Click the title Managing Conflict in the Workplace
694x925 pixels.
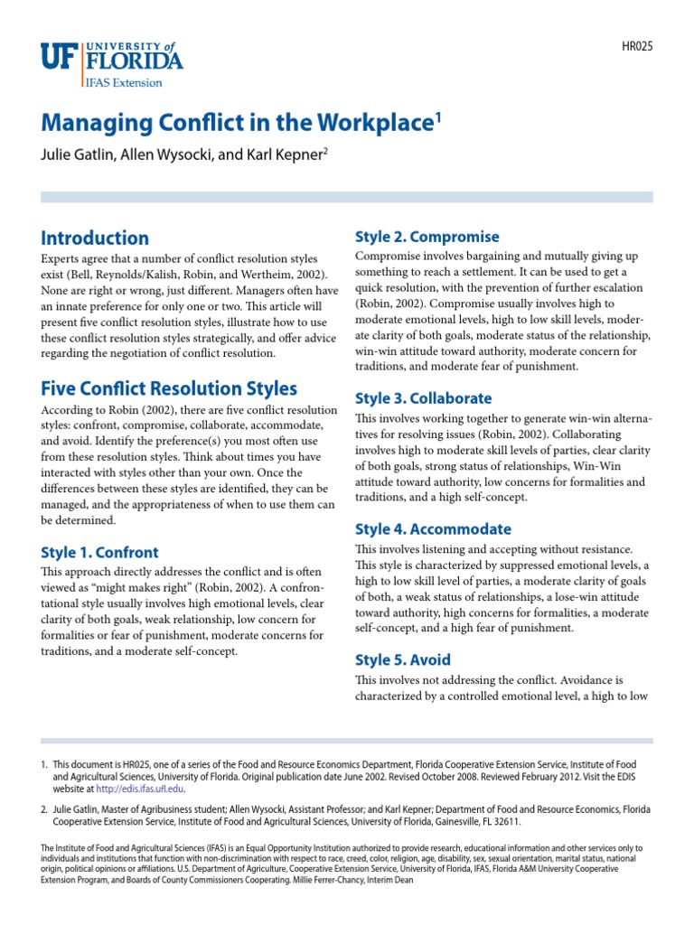232,125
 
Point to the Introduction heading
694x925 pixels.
95,238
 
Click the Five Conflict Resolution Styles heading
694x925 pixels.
169,389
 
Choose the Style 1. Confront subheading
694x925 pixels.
99,552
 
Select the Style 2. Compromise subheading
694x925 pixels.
427,237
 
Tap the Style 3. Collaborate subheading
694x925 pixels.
424,398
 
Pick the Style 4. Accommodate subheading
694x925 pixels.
433,529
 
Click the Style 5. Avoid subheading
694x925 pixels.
403,659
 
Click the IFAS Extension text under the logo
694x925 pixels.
126,82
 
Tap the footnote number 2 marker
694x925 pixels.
43,809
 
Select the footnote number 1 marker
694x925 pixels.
43,764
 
